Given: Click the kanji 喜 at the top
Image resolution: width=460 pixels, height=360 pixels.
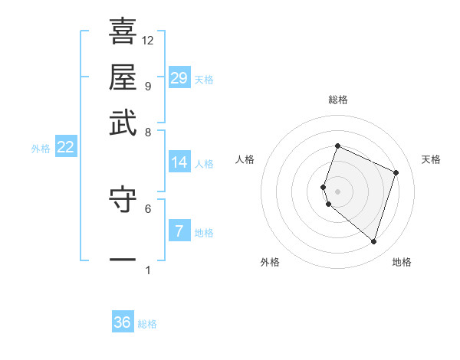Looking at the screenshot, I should coord(123,31).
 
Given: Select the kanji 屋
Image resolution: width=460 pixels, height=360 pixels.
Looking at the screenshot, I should coord(123,77).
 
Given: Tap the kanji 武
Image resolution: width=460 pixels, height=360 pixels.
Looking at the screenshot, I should coord(123,122).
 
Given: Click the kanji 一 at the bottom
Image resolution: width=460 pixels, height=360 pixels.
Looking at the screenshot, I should coord(123,260).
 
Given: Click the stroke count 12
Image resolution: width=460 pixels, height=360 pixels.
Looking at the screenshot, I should coord(148,40).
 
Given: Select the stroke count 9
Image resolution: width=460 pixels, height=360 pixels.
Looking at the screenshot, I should coord(147,85).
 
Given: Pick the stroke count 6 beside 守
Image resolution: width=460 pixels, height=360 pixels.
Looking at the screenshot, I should coord(148,208).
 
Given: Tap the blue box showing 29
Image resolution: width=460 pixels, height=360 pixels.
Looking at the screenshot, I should coord(179,78).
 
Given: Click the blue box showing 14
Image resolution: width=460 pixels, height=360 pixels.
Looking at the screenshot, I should coord(179,162).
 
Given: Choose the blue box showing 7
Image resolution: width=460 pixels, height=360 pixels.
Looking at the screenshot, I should coord(179,231).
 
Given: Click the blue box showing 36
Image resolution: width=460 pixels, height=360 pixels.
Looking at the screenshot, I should coord(123,322).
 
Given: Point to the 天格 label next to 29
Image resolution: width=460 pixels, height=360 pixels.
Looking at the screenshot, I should coord(204,80).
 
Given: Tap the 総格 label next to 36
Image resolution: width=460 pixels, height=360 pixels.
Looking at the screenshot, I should coord(147,324).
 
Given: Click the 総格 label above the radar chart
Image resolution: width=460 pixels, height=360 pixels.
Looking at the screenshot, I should coord(337,100).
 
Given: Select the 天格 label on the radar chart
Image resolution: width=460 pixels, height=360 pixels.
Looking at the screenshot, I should coord(431,159).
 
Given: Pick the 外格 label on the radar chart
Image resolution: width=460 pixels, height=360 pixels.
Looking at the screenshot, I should coord(270,262).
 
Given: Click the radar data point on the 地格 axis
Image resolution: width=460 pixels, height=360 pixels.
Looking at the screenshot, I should coord(373,242).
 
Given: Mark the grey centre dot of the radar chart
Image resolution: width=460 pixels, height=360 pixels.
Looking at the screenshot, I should coord(337,191).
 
